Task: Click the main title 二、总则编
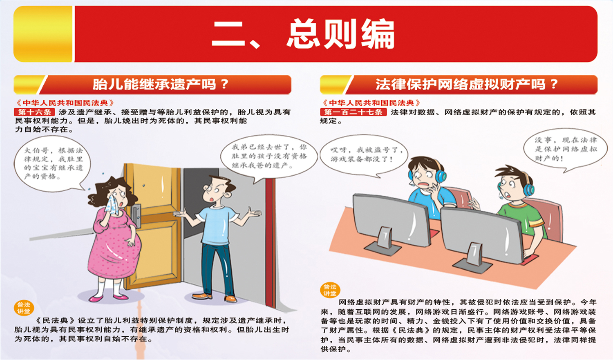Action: click(x=303, y=34)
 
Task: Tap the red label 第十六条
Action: click(x=34, y=112)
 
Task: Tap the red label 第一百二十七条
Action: click(x=353, y=112)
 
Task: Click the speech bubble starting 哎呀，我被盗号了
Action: click(x=364, y=156)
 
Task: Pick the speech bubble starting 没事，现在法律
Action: click(x=565, y=149)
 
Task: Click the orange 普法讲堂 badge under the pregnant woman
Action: click(x=24, y=308)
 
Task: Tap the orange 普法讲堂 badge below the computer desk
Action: click(x=330, y=290)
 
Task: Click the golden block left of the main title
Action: click(x=43, y=34)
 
